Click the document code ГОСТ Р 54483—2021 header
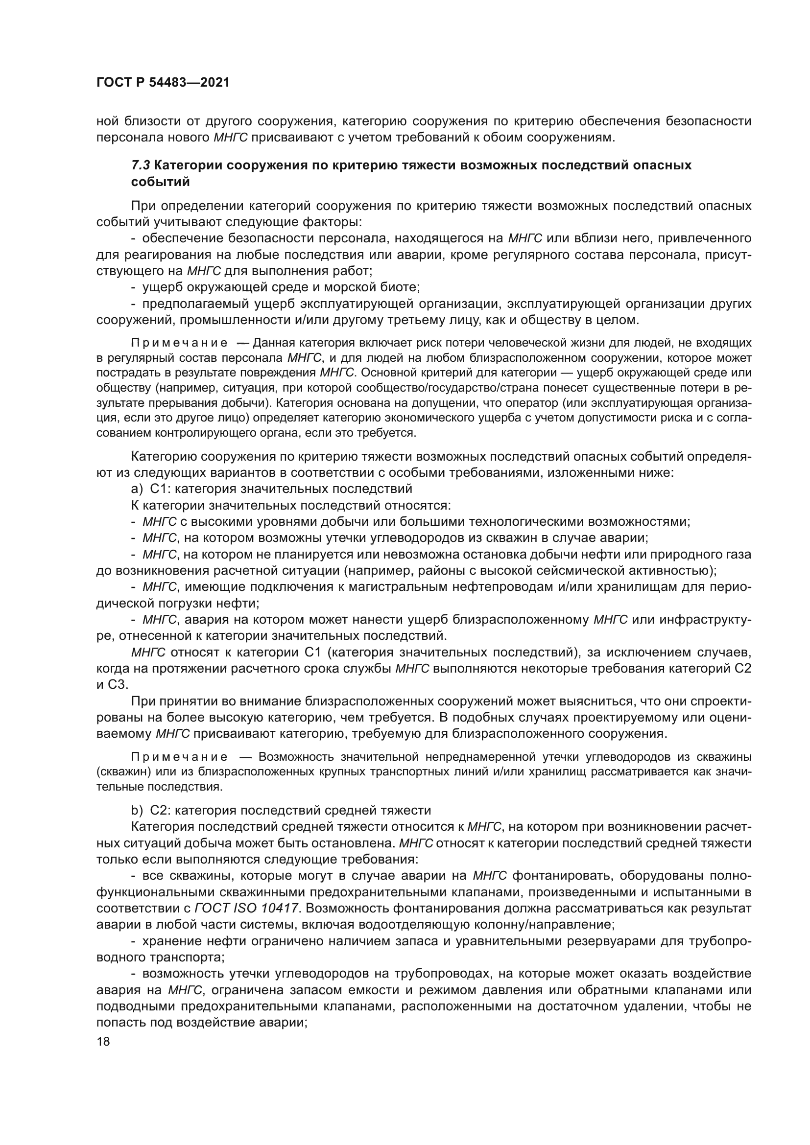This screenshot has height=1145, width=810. coord(163,83)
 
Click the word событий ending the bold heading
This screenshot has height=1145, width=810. coord(161,182)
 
